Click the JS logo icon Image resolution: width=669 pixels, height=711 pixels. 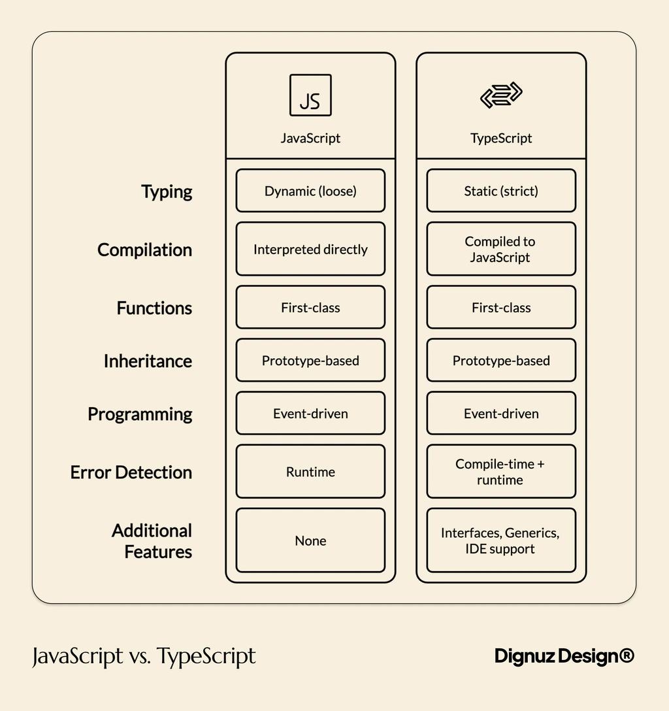(310, 95)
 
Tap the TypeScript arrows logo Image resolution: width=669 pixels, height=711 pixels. (501, 95)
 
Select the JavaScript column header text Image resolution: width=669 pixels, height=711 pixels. (310, 138)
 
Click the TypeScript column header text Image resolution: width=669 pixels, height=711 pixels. (501, 138)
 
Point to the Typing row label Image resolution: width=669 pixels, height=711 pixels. (167, 191)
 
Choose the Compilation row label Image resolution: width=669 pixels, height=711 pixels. (144, 250)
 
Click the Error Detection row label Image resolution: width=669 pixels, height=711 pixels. (131, 472)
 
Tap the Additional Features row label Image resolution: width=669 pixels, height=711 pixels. (152, 541)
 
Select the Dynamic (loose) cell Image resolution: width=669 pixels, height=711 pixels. (310, 191)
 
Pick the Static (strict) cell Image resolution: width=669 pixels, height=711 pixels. (501, 191)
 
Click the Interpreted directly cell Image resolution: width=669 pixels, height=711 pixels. (310, 249)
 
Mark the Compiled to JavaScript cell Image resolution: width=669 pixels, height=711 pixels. (501, 249)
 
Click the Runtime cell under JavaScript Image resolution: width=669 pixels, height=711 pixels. (310, 472)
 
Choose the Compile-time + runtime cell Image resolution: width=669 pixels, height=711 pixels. (501, 472)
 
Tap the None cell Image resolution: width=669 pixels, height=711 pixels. (310, 540)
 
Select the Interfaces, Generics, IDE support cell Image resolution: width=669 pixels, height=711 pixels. (501, 540)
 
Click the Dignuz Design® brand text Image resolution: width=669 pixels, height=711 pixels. (564, 656)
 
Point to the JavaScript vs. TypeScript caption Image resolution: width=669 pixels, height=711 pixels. (144, 656)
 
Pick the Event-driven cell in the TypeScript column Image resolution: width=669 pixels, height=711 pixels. (501, 414)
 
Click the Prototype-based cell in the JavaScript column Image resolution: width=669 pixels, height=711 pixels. (310, 361)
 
